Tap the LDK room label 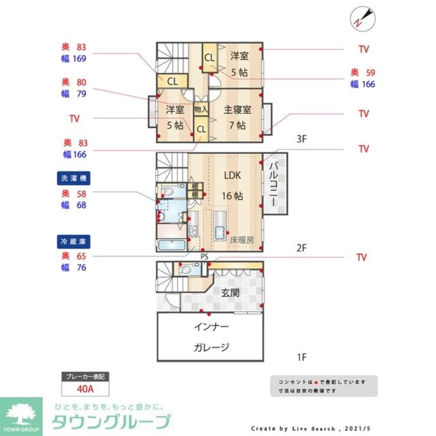232,175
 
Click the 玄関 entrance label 230,293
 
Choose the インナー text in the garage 211,327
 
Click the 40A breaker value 85,388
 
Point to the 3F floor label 302,140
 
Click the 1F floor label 302,358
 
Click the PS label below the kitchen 204,256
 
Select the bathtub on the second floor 171,245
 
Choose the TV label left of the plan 75,118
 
